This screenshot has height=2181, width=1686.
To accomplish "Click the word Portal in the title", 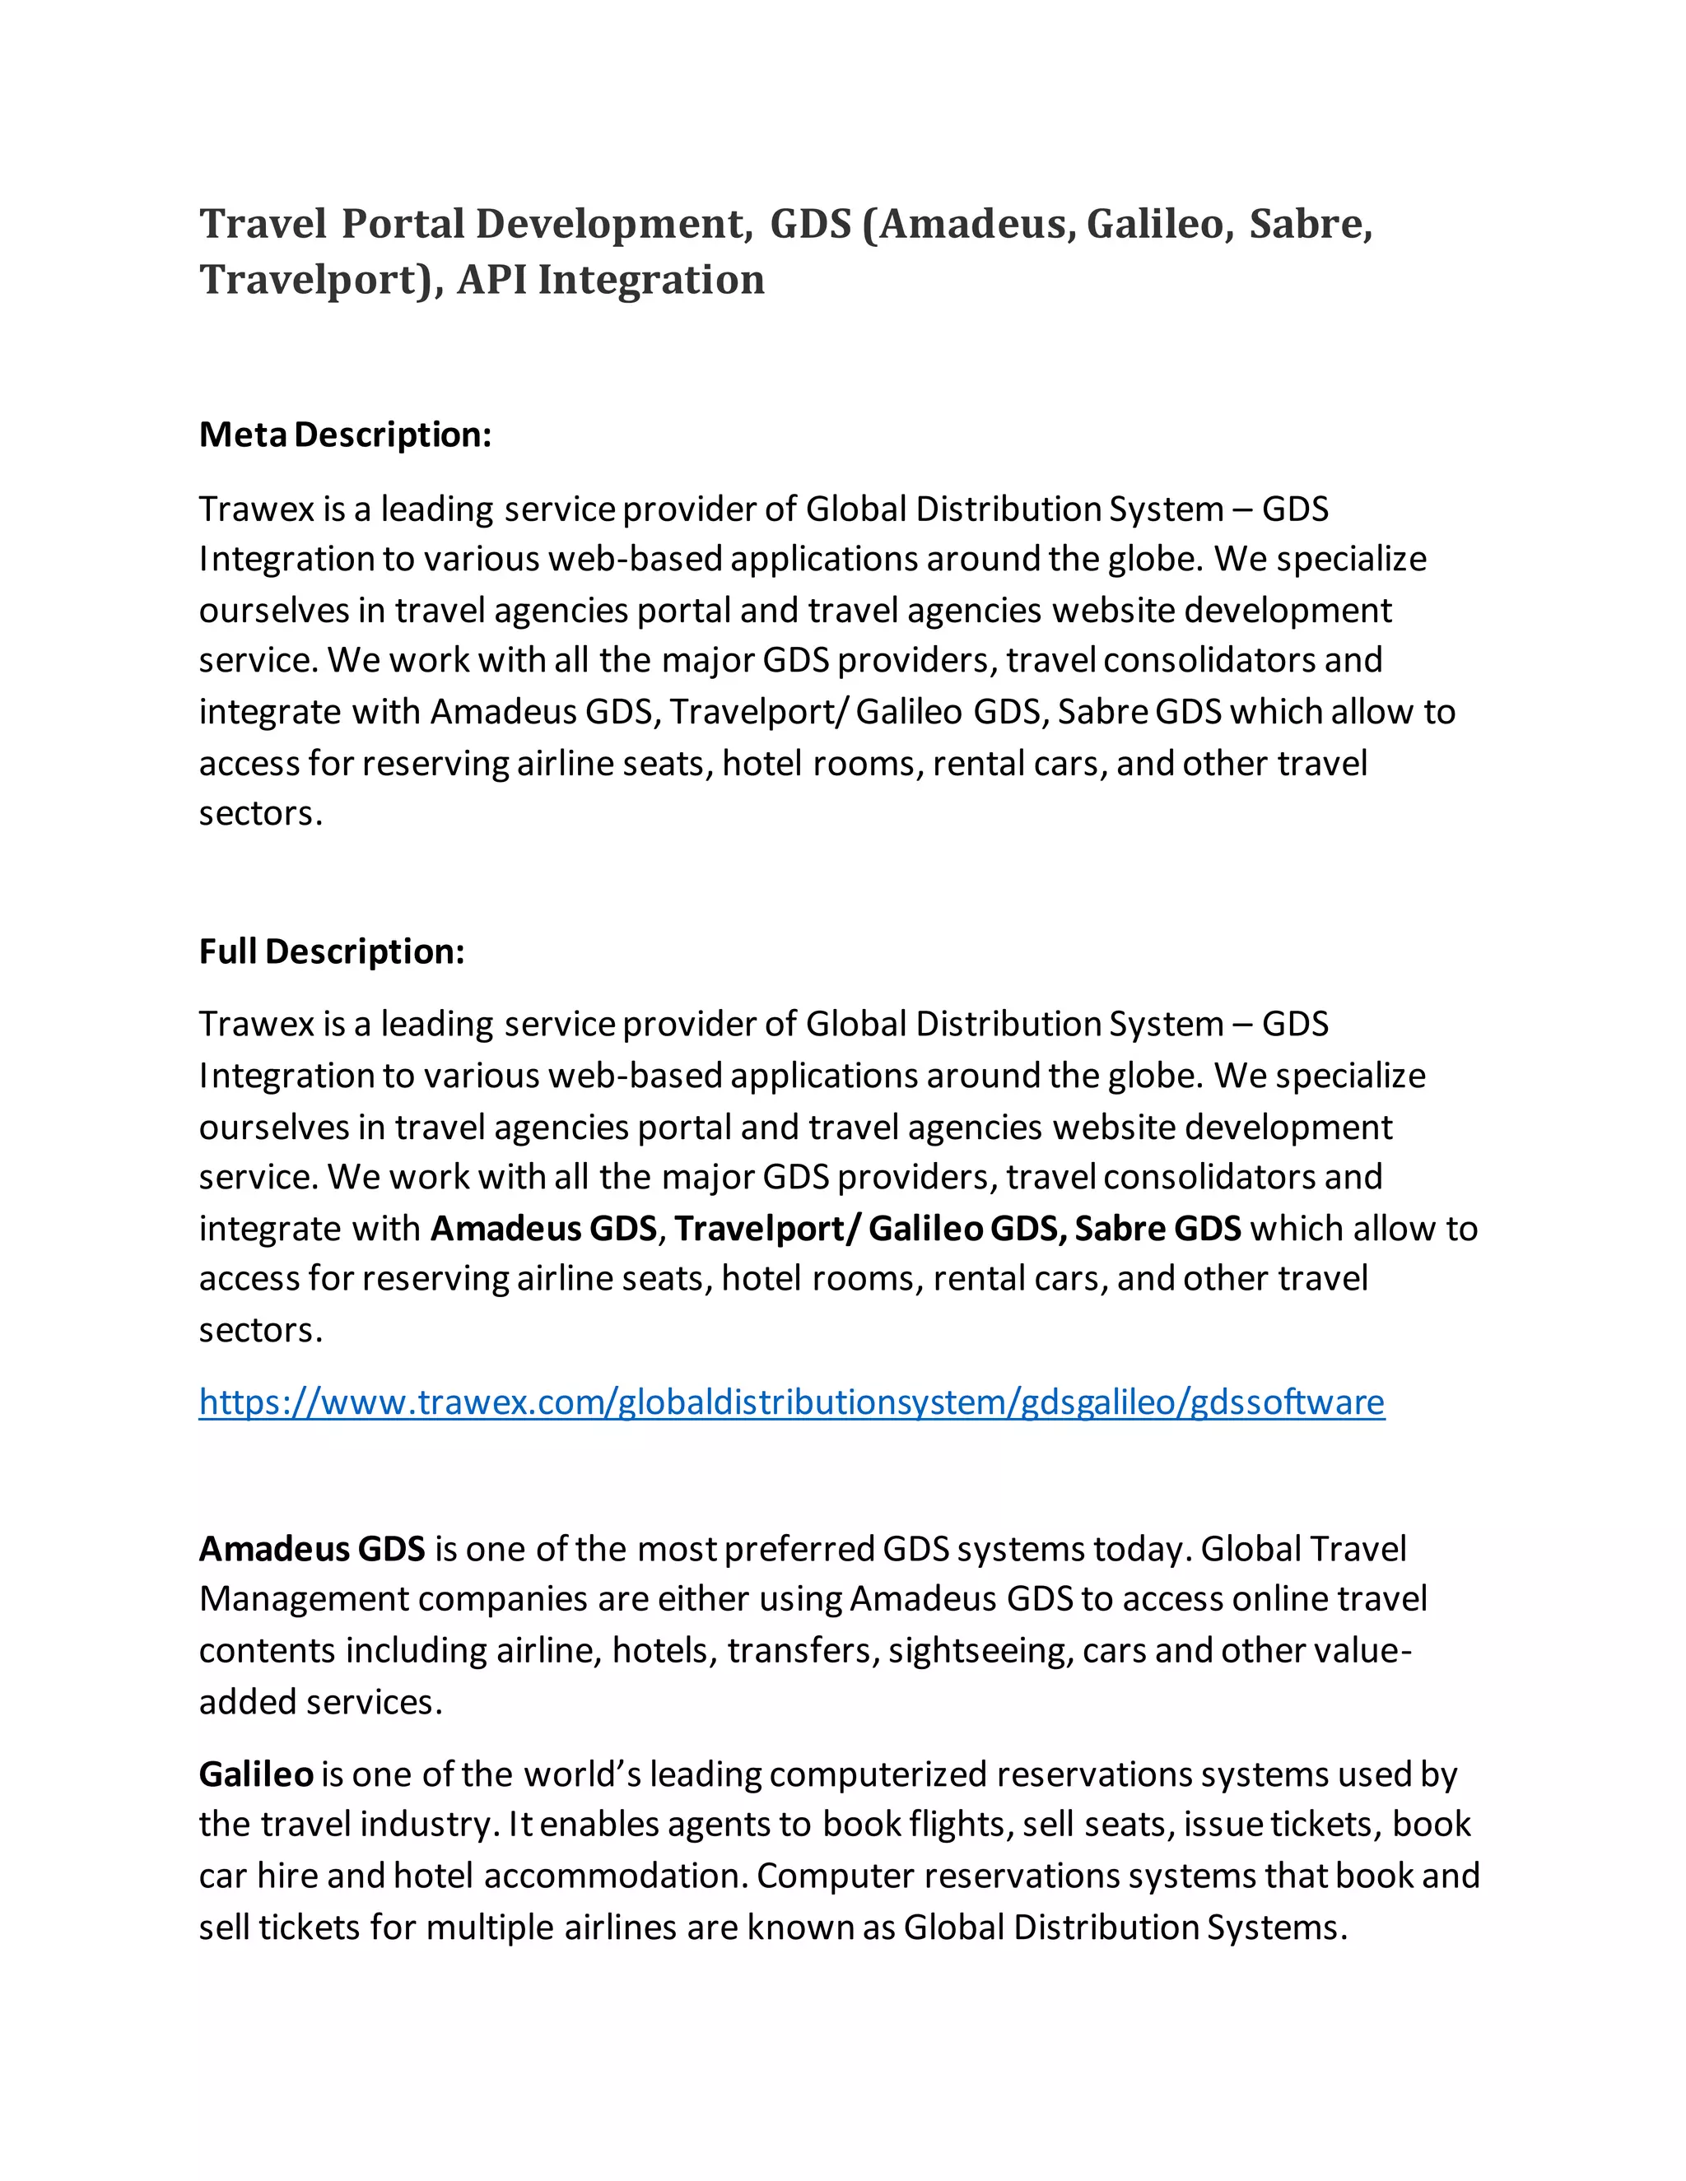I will pyautogui.click(x=403, y=224).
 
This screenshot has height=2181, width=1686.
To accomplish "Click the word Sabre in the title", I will pyautogui.click(x=1310, y=224).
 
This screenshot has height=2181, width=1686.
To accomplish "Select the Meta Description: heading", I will pyautogui.click(x=345, y=435).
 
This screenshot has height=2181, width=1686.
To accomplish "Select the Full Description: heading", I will pyautogui.click(x=332, y=951).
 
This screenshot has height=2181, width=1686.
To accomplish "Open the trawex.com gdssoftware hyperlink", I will pyautogui.click(x=791, y=1402).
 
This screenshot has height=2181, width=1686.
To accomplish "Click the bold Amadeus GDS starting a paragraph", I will pyautogui.click(x=312, y=1548).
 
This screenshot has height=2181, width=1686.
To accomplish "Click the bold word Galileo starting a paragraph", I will pyautogui.click(x=256, y=1774).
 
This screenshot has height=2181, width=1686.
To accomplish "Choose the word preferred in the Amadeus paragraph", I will pyautogui.click(x=799, y=1548).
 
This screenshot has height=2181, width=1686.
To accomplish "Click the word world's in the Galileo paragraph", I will pyautogui.click(x=582, y=1774).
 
